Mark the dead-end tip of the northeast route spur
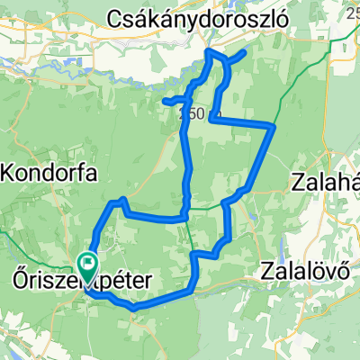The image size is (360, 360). pos(245,53)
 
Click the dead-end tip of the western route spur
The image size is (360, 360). pos(165,100)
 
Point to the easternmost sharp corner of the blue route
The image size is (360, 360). pos(274,126)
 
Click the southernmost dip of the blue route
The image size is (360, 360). pos(134,308)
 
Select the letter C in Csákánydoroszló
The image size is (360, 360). pos(115,17)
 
